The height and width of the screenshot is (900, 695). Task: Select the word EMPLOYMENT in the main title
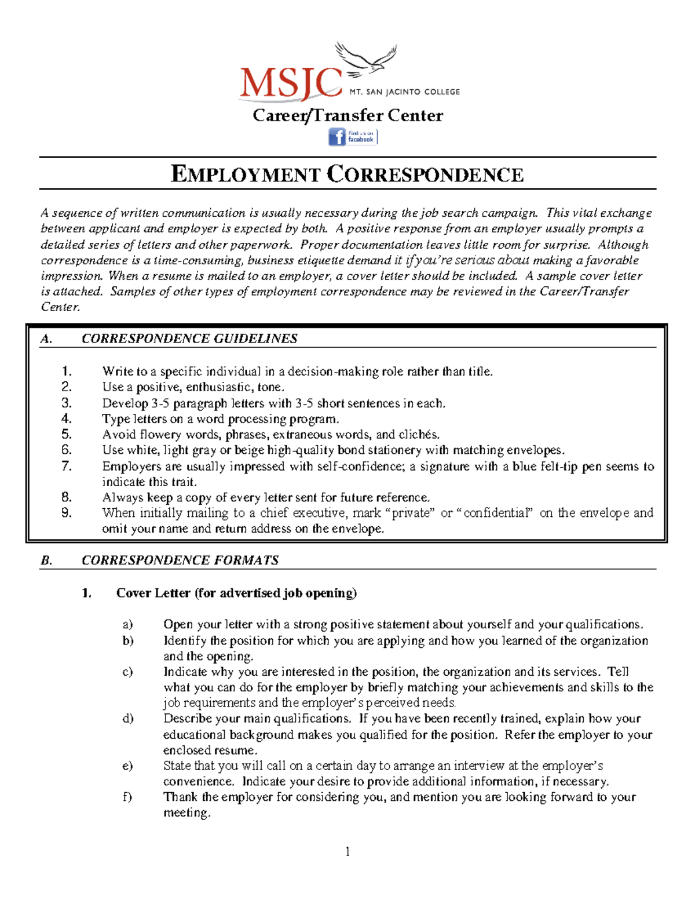[246, 174]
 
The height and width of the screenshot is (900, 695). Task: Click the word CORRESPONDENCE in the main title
[425, 174]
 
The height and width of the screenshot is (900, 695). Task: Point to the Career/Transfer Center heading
[348, 115]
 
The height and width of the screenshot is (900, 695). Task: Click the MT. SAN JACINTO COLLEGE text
[404, 92]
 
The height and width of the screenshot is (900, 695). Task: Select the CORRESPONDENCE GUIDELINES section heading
[189, 338]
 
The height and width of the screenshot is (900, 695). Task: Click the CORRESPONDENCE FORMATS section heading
[180, 560]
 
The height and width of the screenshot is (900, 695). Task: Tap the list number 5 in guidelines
[67, 434]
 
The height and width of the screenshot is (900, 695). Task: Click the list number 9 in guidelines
[67, 512]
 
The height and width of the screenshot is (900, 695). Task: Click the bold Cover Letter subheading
[236, 593]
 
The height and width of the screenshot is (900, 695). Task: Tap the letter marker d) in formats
[127, 719]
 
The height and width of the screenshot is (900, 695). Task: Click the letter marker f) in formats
[127, 797]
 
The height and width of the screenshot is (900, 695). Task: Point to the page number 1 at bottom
[348, 851]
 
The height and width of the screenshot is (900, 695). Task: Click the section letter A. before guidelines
[46, 339]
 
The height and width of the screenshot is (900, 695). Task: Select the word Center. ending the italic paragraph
[60, 307]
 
